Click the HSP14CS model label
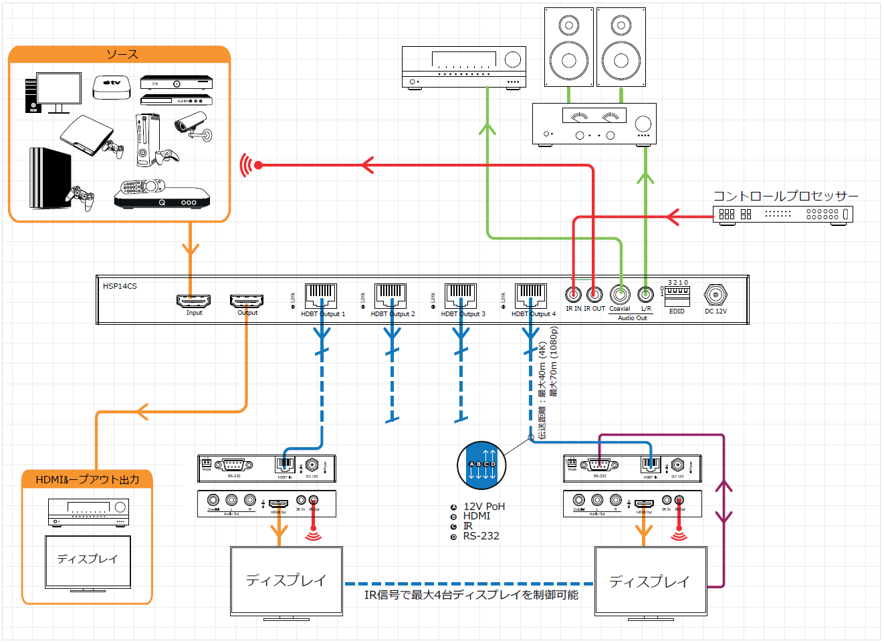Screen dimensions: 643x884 [120, 286]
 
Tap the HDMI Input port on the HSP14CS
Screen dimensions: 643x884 [193, 301]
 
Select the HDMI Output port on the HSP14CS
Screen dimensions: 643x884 [247, 301]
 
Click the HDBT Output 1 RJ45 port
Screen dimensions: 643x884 [321, 295]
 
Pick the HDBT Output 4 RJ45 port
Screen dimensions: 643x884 [531, 295]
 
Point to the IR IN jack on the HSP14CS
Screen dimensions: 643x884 [573, 294]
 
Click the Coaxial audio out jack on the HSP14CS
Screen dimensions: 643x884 [620, 294]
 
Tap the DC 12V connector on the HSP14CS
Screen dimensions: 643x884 [715, 294]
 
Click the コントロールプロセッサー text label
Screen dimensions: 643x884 [785, 196]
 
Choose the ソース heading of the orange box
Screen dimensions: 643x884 [122, 55]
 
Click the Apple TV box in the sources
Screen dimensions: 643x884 [112, 88]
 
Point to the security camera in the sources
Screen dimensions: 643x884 [194, 126]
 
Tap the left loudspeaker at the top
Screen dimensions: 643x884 [568, 47]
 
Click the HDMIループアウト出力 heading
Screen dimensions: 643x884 [88, 479]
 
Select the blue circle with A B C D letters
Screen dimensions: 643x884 [481, 465]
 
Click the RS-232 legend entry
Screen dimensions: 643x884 [481, 536]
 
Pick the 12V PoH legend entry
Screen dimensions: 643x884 [483, 507]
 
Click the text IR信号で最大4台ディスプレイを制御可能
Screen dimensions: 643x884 [471, 595]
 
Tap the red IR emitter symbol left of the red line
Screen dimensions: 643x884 [246, 165]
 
